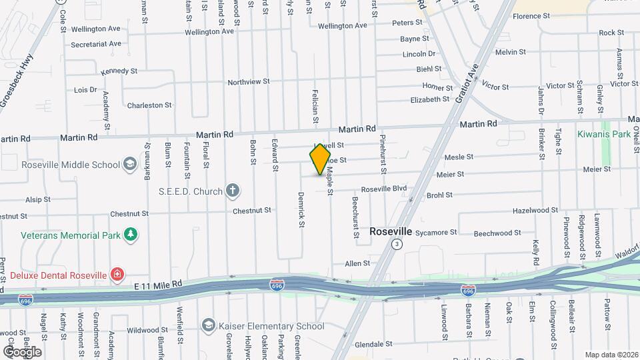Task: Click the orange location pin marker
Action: (320, 159)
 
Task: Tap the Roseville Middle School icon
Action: (129, 165)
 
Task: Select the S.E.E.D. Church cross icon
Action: (233, 191)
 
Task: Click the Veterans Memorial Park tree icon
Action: (132, 235)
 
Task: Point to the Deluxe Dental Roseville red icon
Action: (117, 275)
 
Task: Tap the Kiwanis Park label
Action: (604, 134)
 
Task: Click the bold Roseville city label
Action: (391, 231)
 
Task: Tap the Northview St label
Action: (248, 82)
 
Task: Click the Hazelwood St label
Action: (535, 210)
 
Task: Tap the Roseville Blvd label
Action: (383, 189)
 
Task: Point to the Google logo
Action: (22, 351)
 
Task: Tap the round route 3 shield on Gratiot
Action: (397, 245)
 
